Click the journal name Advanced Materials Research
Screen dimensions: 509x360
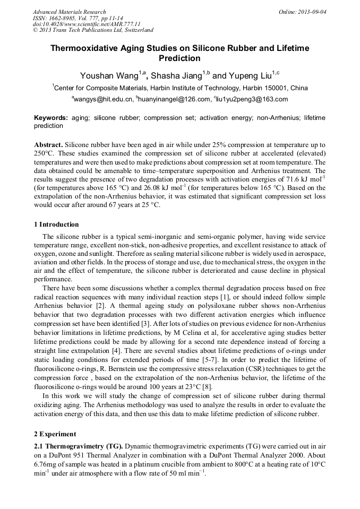pos(69,12)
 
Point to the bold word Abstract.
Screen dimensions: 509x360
pos(48,145)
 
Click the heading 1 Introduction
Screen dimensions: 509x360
pos(56,225)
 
